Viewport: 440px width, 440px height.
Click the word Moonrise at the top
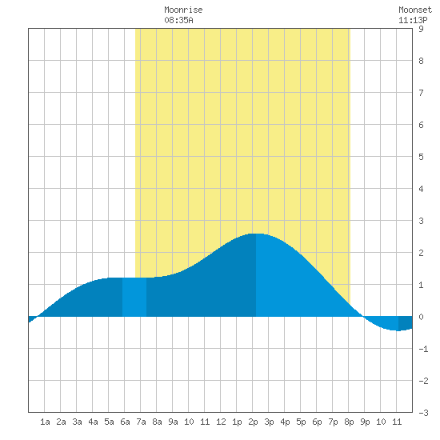(x=183, y=10)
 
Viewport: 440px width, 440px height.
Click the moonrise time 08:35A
(x=178, y=20)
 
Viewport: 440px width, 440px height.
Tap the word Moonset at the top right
(x=415, y=10)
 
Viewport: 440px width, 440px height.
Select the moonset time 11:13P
(x=413, y=20)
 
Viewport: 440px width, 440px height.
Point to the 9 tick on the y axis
(x=421, y=29)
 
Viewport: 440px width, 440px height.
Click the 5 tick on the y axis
(x=421, y=157)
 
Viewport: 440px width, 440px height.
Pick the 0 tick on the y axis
(x=421, y=317)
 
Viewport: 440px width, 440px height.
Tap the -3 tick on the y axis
(x=423, y=413)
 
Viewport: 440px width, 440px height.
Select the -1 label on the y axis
(x=423, y=349)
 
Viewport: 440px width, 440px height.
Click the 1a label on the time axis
(x=45, y=422)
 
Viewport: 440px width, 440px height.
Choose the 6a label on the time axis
(x=125, y=422)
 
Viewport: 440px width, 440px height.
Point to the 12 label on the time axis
(x=221, y=422)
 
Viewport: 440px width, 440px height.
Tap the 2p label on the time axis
(x=253, y=422)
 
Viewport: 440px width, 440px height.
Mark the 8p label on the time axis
(x=349, y=422)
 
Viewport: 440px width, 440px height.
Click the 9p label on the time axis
(x=365, y=422)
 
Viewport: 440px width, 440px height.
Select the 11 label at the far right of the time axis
(x=397, y=422)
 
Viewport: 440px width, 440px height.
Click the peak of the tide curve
(x=256, y=234)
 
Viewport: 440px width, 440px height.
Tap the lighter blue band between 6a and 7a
(x=134, y=297)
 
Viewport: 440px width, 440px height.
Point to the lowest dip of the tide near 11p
(x=398, y=330)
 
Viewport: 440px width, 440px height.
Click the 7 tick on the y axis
(x=421, y=93)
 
